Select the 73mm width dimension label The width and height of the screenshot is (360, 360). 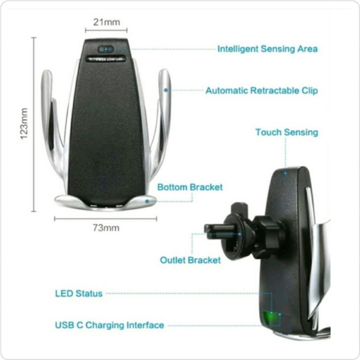click(106, 228)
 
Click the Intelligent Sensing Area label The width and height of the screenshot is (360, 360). click(267, 49)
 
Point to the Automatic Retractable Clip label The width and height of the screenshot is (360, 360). click(261, 90)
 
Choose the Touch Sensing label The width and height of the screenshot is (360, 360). click(287, 132)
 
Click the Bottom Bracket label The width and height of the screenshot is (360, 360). click(189, 187)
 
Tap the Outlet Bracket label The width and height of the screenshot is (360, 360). click(190, 260)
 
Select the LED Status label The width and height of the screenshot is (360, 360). click(79, 293)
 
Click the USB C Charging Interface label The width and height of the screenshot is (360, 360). click(109, 325)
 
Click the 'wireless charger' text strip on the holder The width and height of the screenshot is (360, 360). click(106, 59)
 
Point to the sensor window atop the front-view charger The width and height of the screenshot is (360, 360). click(106, 49)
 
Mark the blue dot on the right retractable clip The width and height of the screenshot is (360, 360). click(166, 90)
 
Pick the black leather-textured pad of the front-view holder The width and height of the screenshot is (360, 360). click(107, 130)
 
